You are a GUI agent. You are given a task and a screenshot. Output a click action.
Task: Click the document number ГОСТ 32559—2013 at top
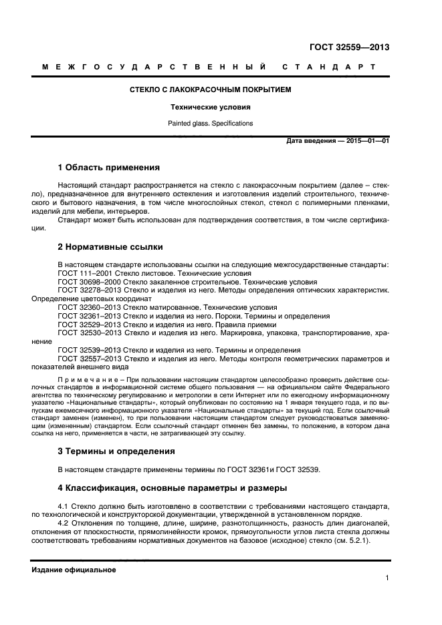[x=350, y=47]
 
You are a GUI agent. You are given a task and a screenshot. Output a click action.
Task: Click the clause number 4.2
[x=65, y=522]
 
